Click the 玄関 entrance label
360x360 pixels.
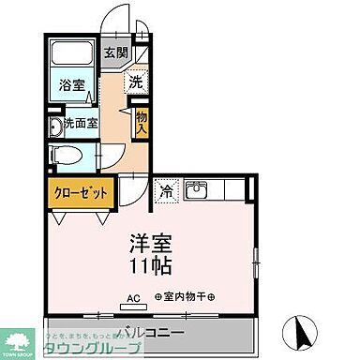116,52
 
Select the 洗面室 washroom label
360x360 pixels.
79,123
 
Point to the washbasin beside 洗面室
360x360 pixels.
55,126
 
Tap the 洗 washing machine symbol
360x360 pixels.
137,82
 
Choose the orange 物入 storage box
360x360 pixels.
141,121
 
